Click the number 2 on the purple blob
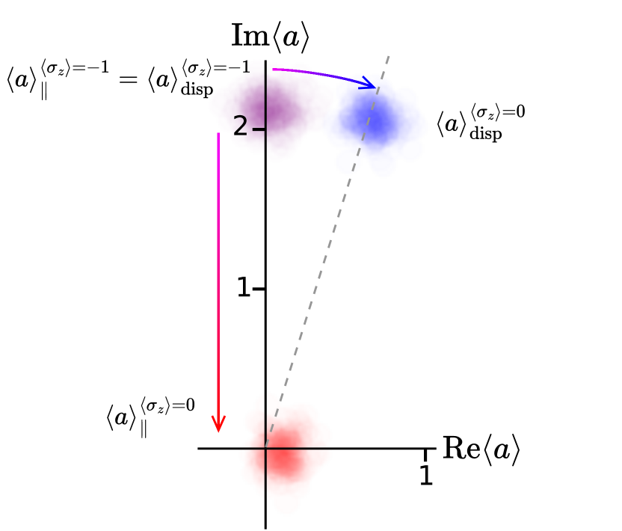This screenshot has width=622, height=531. pos(240,126)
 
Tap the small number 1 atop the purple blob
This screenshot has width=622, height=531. pos(246,69)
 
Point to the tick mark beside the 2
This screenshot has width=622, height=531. pos(258,129)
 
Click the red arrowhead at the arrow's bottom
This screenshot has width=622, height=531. pos(218,424)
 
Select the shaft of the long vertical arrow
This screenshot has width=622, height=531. pos(218,284)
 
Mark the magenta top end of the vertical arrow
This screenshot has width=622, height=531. pos(218,135)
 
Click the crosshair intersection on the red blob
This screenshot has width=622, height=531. pos(265,449)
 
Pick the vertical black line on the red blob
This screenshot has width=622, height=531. pos(265,479)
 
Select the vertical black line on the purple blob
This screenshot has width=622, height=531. pos(265,97)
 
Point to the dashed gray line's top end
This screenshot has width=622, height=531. pos(388,56)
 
